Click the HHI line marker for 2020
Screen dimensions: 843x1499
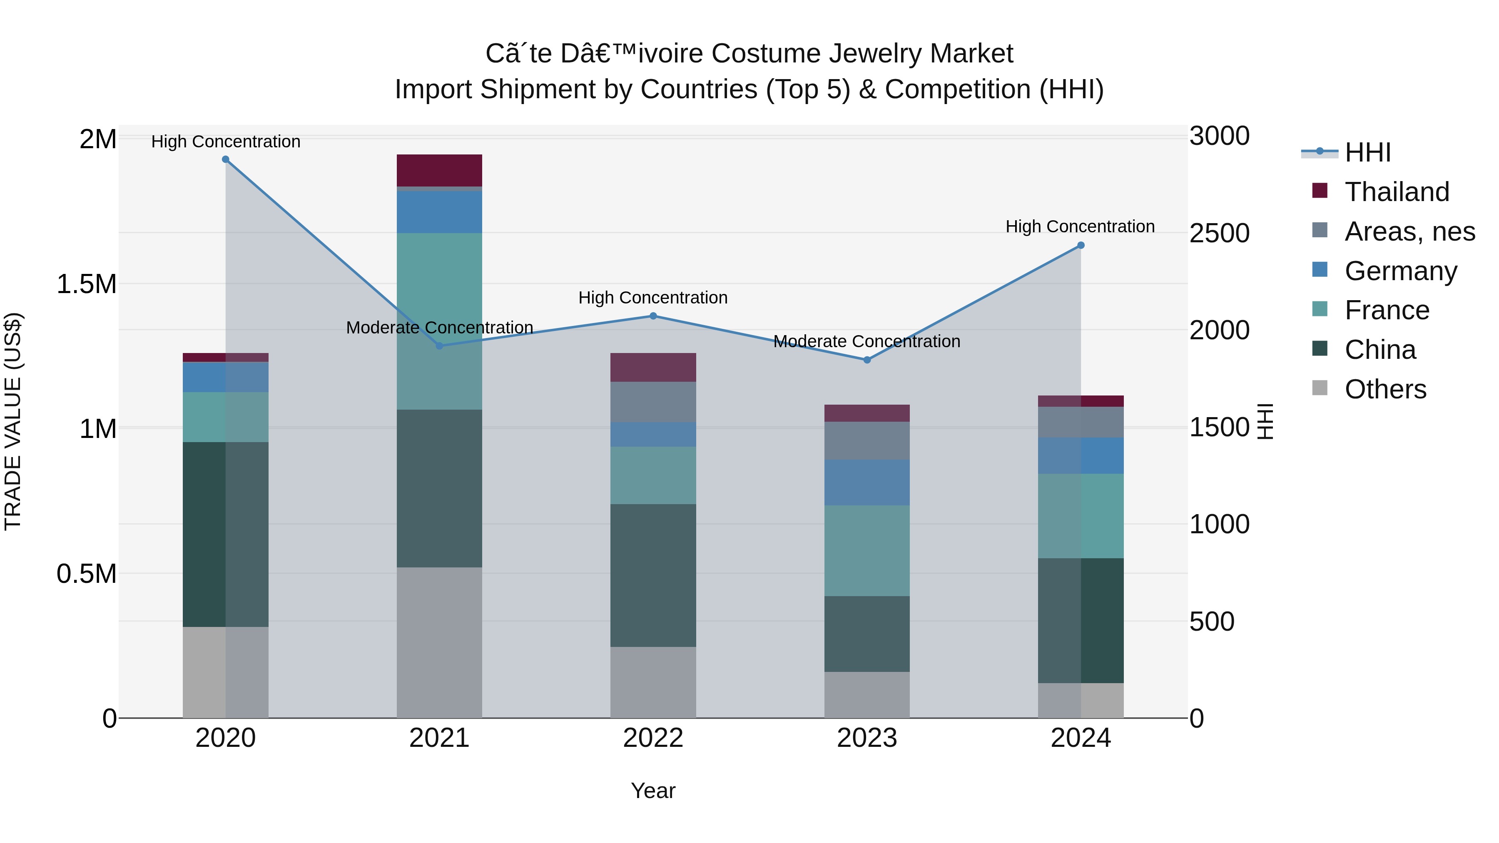226,159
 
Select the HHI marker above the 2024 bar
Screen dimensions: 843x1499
1081,246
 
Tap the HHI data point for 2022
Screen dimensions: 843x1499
653,316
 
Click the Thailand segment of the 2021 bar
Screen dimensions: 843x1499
439,170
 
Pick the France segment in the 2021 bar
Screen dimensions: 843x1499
439,321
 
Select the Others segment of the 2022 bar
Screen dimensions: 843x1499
653,682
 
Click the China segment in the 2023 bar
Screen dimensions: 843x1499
867,634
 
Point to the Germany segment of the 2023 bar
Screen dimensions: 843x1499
867,482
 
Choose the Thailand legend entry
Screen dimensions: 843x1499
1397,192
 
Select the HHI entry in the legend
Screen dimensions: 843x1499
1367,152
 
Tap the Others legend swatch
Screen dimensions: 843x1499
1320,388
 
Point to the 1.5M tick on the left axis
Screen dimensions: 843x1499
86,284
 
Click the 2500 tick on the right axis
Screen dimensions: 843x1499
1219,233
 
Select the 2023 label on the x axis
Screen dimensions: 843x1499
867,738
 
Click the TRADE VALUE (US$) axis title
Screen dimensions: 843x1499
13,421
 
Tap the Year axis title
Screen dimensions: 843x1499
653,791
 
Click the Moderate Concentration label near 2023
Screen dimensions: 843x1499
867,341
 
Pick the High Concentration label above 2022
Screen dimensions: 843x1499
653,298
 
